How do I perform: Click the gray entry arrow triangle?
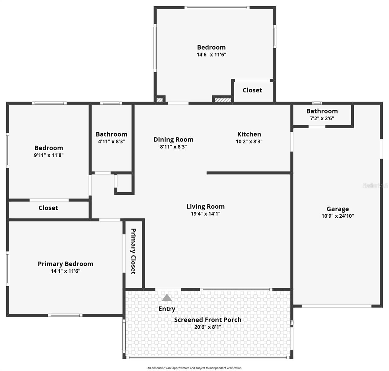point(167,298)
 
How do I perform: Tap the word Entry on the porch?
point(167,309)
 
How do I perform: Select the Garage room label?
point(338,209)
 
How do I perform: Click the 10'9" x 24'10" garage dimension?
point(338,216)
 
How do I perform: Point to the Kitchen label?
point(249,134)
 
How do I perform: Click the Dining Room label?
point(173,139)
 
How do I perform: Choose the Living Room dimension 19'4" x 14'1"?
point(205,214)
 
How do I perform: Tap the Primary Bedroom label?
point(65,264)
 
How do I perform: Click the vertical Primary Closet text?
point(133,251)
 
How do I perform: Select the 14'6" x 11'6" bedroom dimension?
point(211,55)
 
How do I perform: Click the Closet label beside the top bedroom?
point(252,90)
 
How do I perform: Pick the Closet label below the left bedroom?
point(48,208)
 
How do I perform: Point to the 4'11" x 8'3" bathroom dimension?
point(111,142)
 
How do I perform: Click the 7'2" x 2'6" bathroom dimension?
point(322,118)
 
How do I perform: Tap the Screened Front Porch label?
point(208,320)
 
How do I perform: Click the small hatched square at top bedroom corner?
point(160,100)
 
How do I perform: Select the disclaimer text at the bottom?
point(194,368)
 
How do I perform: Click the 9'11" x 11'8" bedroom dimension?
point(49,155)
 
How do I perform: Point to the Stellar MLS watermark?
point(375,185)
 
